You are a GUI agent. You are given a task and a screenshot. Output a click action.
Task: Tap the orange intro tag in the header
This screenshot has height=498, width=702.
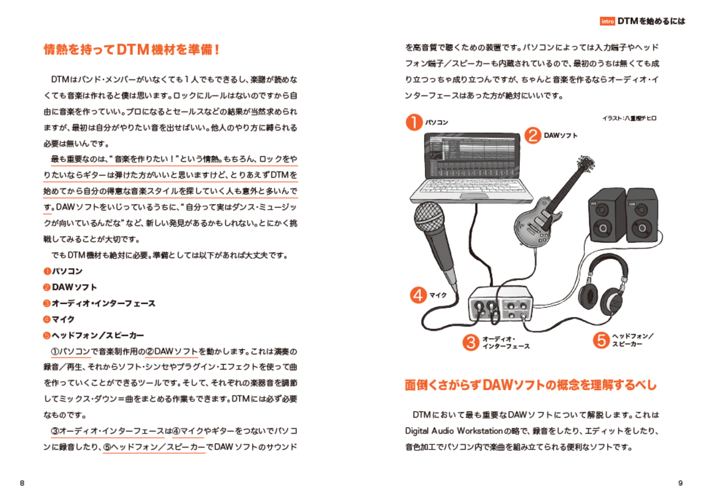(607, 21)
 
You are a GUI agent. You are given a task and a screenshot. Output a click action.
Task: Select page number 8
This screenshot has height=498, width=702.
(22, 483)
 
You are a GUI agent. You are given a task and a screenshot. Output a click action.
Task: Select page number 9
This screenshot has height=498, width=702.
(680, 483)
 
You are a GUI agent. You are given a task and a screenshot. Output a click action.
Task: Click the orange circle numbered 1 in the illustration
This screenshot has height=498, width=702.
(414, 121)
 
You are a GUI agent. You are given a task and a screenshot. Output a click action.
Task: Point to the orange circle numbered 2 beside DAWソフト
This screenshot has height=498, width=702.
(532, 135)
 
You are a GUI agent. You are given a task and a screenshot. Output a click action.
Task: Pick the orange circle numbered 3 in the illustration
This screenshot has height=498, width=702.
(470, 342)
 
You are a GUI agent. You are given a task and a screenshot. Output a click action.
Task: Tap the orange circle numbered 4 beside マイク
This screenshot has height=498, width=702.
(418, 295)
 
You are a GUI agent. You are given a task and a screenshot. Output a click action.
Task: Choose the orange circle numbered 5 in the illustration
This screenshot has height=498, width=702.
(600, 340)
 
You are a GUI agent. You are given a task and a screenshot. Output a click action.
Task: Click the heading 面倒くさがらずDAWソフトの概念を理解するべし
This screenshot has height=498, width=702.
(530, 385)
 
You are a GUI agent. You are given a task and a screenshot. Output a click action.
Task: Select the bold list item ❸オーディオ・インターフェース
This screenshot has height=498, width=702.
(99, 303)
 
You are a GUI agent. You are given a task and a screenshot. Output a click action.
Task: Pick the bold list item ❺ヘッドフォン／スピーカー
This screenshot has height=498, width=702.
(94, 335)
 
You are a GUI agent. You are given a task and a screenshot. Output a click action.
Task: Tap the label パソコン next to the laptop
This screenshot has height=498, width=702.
(437, 122)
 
